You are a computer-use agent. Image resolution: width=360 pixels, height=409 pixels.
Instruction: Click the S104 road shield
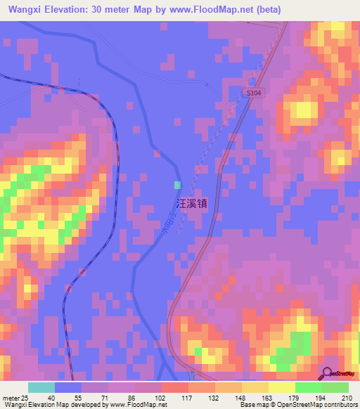[255, 93]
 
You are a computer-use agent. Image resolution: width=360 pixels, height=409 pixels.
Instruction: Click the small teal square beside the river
[177, 185]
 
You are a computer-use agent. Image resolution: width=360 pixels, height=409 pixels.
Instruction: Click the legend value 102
[161, 397]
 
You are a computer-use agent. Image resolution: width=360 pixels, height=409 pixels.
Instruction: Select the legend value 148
[241, 397]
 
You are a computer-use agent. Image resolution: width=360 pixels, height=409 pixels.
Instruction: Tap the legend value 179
[295, 397]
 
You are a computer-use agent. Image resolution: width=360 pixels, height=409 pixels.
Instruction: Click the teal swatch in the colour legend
[41, 387]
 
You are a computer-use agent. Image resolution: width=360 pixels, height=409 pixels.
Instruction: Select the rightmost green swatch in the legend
[335, 387]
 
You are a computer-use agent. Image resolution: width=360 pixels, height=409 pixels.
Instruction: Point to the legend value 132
[214, 397]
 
